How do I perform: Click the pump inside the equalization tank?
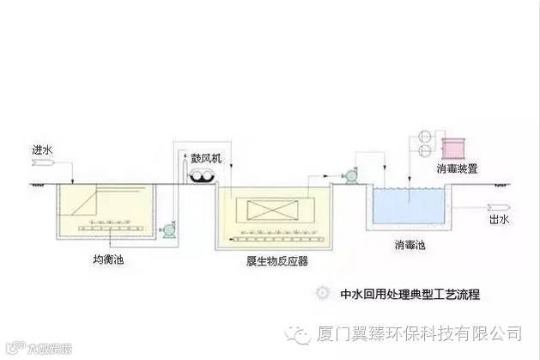click(168, 229)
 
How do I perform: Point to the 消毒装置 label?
click(458, 168)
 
